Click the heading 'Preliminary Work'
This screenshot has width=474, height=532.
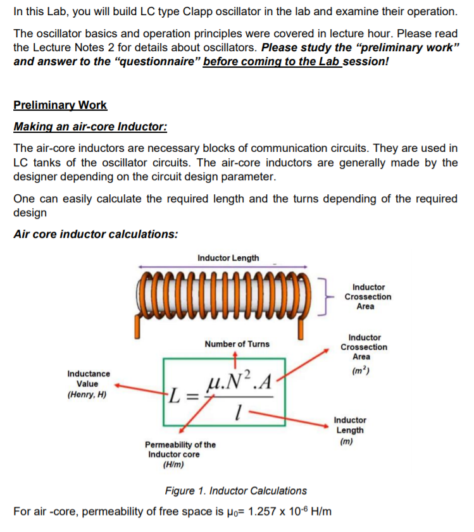pos(60,106)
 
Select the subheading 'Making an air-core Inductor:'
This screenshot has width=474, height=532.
pos(90,127)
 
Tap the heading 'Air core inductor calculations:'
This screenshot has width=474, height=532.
pos(96,234)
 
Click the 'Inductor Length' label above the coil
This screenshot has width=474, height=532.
pos(228,258)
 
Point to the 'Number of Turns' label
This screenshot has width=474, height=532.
pos(237,344)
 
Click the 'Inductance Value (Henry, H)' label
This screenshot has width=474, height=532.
pos(88,384)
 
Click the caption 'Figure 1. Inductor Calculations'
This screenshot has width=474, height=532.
pos(235,491)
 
